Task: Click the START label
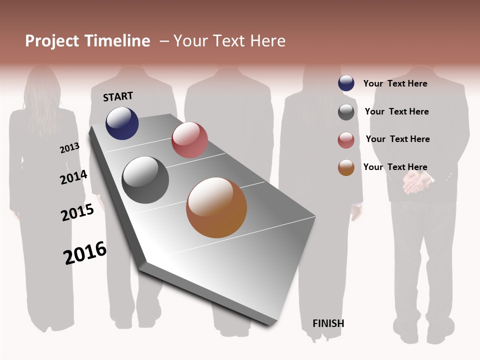118,96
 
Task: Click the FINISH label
328,323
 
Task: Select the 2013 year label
69,147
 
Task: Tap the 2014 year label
73,177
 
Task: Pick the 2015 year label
77,212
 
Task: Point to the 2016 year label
85,253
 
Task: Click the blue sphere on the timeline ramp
122,123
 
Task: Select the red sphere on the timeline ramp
189,140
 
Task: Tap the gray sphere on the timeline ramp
145,180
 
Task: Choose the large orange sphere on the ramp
216,207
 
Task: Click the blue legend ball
346,83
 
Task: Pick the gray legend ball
346,112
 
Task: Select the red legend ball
346,140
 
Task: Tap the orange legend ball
346,167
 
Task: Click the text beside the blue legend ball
395,83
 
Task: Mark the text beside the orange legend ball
395,167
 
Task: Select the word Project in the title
51,41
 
